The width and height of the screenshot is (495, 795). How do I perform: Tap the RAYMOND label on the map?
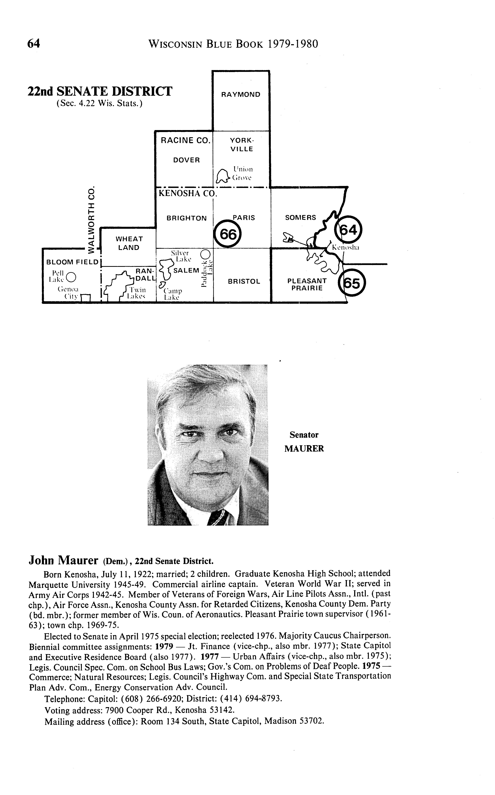tap(241, 95)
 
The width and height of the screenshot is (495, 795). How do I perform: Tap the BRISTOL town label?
tap(244, 281)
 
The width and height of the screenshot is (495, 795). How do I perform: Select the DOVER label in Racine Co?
tap(186, 160)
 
